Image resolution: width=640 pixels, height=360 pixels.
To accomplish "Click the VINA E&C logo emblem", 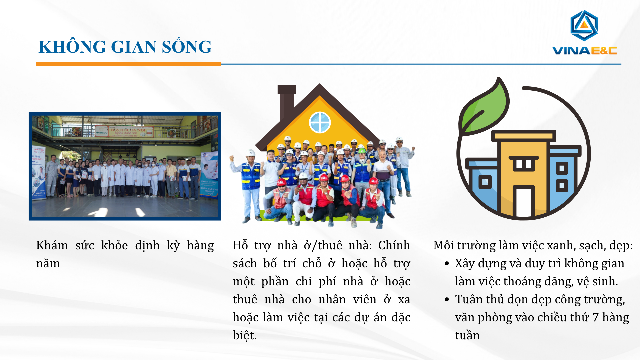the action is [584, 25].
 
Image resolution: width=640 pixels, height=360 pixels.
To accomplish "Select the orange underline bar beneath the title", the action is [129, 64].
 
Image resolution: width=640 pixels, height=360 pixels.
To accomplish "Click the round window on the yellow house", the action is [320, 122].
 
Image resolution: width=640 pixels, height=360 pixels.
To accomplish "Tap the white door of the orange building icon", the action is [523, 202].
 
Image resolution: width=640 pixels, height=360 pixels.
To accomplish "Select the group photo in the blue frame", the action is [125, 166].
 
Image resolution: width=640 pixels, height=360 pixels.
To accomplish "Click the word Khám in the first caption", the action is [52, 245].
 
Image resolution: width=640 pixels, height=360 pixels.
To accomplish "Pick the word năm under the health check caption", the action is [48, 264].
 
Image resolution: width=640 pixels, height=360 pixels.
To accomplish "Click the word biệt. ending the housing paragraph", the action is [245, 335].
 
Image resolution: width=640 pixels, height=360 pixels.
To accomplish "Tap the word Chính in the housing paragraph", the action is [394, 245].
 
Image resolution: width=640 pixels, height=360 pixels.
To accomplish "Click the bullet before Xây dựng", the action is [447, 264].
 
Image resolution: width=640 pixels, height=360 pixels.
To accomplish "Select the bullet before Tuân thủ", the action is [447, 300].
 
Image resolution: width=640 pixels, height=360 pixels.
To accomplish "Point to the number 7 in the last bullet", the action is [595, 317].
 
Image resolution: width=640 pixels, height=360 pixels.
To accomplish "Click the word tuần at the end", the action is [467, 335].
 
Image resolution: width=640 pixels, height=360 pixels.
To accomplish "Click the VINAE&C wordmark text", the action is [584, 50].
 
